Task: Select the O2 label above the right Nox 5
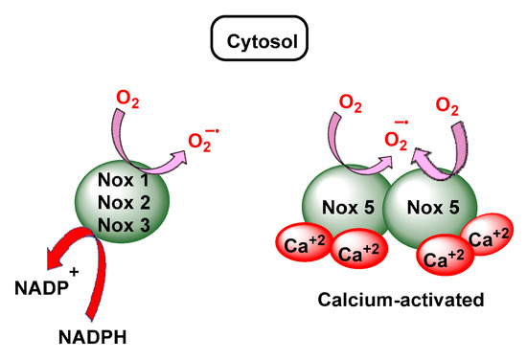tap(447, 102)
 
